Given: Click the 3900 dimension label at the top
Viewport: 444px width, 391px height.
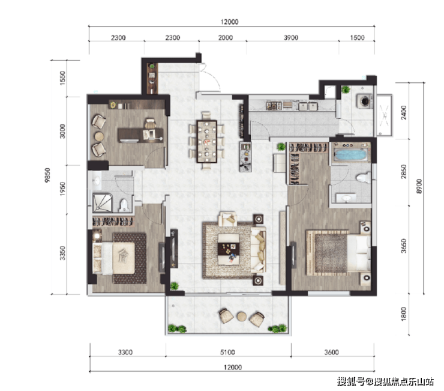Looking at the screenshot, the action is click(291, 38).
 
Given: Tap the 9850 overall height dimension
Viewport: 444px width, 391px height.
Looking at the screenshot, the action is click(47, 175).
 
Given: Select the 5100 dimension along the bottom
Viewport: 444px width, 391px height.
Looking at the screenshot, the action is click(227, 352).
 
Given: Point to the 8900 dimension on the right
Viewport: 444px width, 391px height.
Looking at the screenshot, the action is click(419, 186).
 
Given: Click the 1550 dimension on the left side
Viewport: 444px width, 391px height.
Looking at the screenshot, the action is click(62, 77).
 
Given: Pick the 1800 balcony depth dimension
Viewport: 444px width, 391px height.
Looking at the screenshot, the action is click(404, 314).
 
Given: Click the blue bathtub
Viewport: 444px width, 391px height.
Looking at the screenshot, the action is click(350, 155).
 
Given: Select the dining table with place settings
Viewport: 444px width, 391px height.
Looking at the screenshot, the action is click(207, 142).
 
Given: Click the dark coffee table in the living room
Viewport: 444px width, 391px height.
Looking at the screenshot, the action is click(229, 249).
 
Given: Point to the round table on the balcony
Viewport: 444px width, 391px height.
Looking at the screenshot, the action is click(242, 317).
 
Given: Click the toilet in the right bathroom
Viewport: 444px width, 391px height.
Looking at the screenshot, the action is click(363, 178).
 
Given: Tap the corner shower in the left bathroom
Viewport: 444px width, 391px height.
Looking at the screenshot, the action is click(103, 203).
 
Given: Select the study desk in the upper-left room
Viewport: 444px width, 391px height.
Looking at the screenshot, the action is click(140, 135).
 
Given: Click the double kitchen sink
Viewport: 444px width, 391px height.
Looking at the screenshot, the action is click(308, 106).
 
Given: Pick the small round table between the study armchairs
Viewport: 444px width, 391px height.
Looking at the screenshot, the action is click(99, 136).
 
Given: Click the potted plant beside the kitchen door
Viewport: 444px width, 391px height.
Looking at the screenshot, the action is click(281, 147).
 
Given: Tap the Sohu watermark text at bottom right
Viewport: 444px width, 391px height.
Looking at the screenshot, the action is click(385, 381).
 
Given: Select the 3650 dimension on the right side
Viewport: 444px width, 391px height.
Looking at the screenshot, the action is click(404, 246).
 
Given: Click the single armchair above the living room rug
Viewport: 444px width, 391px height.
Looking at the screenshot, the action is click(228, 219).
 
